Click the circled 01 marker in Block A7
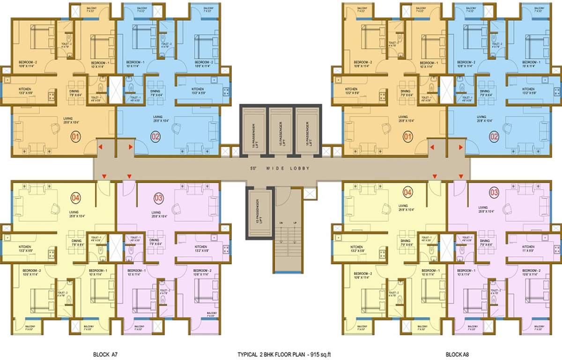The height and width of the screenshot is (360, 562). tap(75, 137)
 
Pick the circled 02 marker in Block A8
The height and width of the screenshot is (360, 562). tap(494, 137)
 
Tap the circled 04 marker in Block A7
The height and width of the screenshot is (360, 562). tap(75, 197)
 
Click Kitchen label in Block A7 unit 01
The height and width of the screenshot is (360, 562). tap(24, 89)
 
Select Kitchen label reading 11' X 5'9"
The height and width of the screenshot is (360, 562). tap(528, 249)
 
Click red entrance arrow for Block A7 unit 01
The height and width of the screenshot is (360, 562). tap(100, 148)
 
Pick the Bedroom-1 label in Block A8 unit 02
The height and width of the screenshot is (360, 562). tap(531, 63)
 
